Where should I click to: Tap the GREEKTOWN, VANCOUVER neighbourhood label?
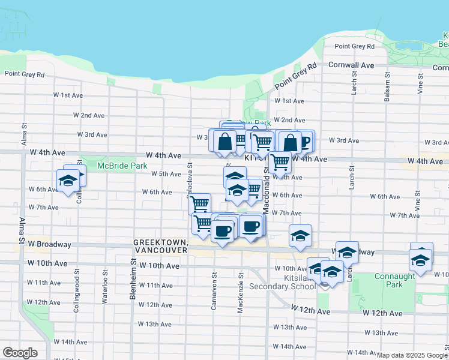[x=160, y=245]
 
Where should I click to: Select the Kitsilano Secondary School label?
[x=286, y=283]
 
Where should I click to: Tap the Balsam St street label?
[x=387, y=89]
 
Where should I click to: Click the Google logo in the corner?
[x=20, y=353]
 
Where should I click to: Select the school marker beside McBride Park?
[x=68, y=180]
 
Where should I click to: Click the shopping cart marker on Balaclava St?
[x=199, y=203]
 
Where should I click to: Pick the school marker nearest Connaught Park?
[x=421, y=260]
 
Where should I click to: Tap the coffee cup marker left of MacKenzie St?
[x=223, y=231]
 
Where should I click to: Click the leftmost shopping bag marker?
[x=224, y=142]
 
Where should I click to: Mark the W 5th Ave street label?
[x=166, y=174]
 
